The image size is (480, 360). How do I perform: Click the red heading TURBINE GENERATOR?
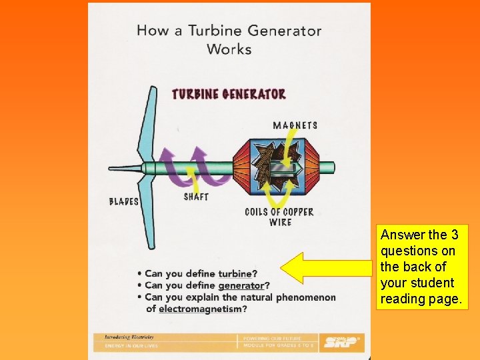[x=229, y=94]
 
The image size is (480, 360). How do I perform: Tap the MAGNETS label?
[x=295, y=125]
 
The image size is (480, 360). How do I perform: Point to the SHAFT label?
[x=196, y=197]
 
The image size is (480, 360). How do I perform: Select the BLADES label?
[x=124, y=201]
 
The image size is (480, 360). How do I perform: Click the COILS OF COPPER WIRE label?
[x=279, y=217]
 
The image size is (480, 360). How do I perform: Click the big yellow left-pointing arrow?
[x=325, y=269]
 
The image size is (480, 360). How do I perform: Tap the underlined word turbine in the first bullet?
[x=235, y=273]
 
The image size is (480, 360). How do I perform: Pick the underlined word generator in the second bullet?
[x=241, y=285]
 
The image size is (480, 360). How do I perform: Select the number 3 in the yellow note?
[x=453, y=235]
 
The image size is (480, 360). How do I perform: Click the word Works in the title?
[x=229, y=49]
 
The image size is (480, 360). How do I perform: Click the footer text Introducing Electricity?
[x=129, y=337]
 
